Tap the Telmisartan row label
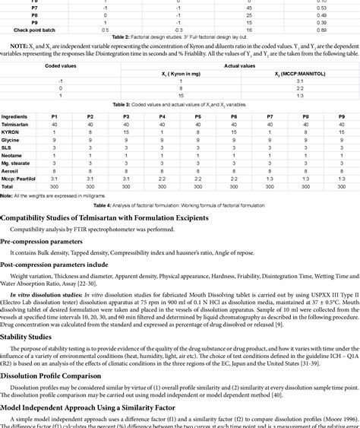click(18, 124)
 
